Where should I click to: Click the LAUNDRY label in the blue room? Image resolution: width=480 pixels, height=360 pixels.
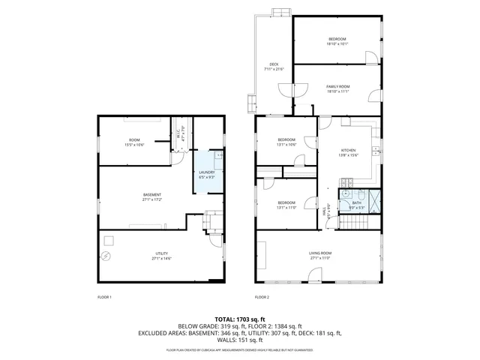pos(206,174)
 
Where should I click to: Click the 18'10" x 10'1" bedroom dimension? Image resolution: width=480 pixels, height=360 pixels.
pos(337,43)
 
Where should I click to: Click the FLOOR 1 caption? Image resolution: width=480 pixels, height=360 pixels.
pos(104,298)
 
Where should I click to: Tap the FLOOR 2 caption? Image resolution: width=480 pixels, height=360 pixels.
pos(262,298)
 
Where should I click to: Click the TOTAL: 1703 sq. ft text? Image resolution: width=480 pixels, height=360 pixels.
pos(240,319)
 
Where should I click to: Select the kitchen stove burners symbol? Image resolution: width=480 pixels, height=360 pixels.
pos(346,182)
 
